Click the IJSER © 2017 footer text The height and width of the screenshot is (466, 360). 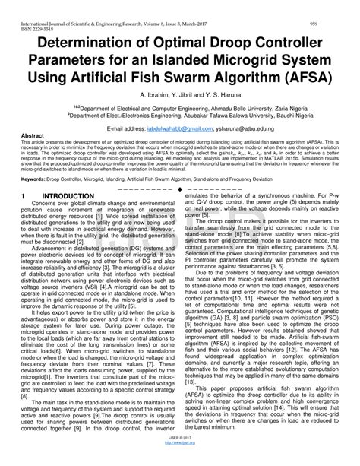point(179,455)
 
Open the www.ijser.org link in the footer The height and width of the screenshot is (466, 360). point(179,461)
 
